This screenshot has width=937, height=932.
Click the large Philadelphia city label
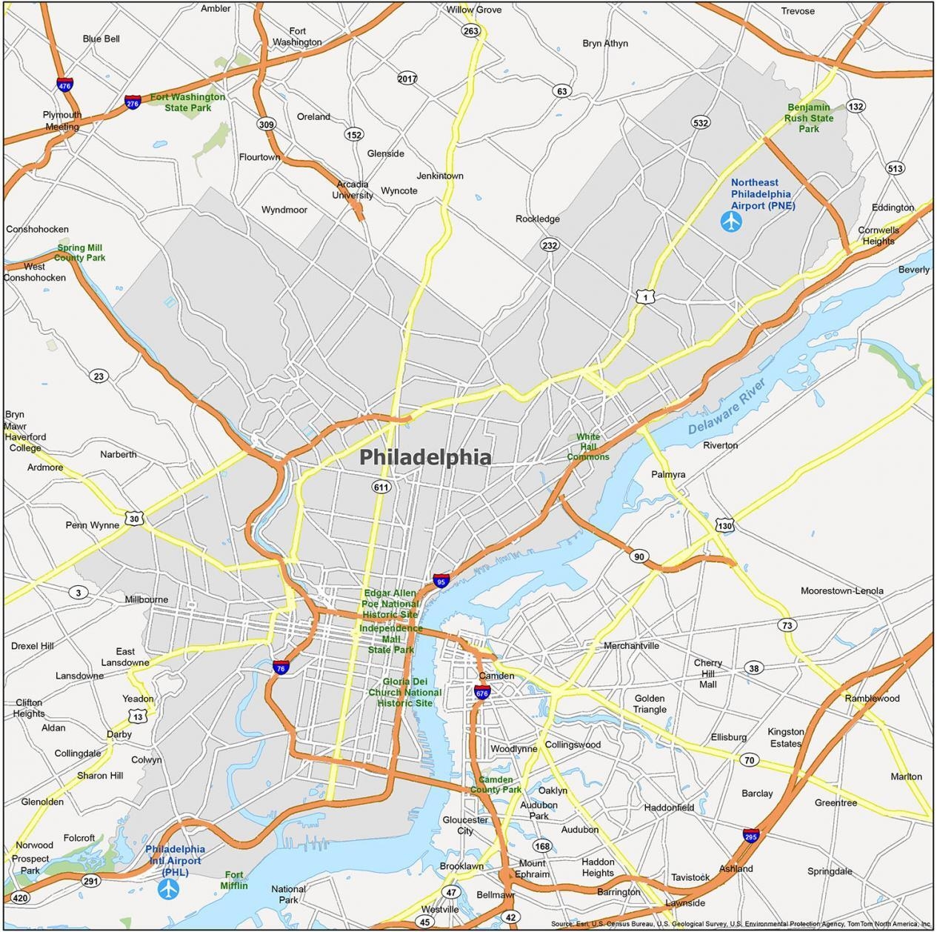tap(425, 457)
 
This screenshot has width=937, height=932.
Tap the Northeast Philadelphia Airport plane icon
tap(731, 220)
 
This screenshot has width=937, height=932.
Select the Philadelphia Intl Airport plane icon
tap(168, 888)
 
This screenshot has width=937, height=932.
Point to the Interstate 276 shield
tap(133, 102)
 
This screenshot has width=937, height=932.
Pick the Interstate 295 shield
tap(751, 836)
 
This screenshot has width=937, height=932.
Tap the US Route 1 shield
tap(644, 296)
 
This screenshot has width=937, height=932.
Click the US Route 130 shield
tap(724, 525)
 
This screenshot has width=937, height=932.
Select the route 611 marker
tap(381, 487)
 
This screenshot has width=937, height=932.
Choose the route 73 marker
tap(787, 625)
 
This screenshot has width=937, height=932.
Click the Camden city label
tap(496, 676)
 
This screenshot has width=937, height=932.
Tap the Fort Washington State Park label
tap(187, 102)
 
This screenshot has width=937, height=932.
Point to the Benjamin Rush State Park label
tap(809, 118)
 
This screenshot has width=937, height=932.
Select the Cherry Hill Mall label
tap(708, 673)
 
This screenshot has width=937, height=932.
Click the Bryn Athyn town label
tap(604, 43)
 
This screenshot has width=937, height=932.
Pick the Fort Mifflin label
tap(234, 880)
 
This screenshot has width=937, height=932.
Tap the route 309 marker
tap(266, 124)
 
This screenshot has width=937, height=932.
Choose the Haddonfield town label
tap(669, 807)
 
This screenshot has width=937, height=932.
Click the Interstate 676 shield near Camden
tap(481, 692)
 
